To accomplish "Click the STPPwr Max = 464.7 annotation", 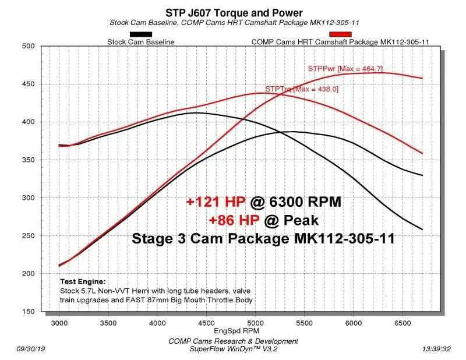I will click(x=345, y=69).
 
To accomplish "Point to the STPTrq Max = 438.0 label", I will click(x=301, y=89).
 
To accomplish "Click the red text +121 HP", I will click(x=216, y=202).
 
